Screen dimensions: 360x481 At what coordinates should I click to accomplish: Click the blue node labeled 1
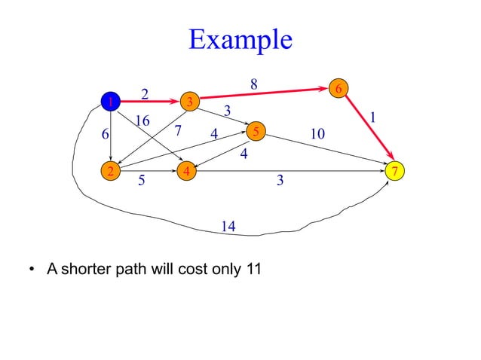111,101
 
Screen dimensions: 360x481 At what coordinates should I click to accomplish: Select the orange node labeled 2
111,171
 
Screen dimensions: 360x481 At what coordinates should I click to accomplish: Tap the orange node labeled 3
190,101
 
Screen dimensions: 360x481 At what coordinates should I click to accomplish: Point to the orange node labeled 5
256,132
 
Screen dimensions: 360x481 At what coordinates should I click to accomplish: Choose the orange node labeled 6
339,89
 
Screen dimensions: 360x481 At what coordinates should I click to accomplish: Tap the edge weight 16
142,121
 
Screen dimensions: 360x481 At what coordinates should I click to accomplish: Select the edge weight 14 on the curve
229,226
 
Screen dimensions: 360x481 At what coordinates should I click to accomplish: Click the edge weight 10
317,134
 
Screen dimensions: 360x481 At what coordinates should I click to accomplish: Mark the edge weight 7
178,132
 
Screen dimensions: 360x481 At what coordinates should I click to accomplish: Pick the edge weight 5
142,182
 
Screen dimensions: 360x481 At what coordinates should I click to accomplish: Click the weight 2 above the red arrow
145,93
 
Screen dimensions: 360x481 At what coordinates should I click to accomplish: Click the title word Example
240,39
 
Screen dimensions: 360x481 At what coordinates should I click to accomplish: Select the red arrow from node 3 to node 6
264,95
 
